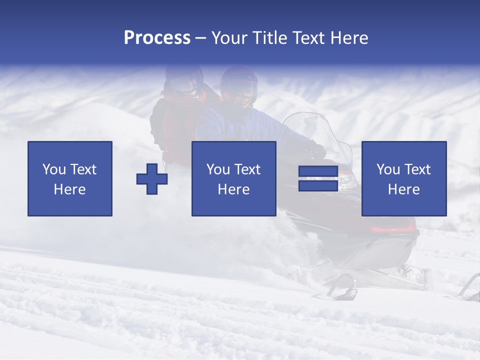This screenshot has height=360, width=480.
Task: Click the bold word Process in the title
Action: pyautogui.click(x=157, y=38)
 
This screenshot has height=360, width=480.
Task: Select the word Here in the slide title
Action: pyautogui.click(x=350, y=38)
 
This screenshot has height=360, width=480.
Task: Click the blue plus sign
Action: pyautogui.click(x=152, y=179)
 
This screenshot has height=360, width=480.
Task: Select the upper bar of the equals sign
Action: pyautogui.click(x=318, y=171)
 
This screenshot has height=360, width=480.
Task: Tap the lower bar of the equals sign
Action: pyautogui.click(x=318, y=186)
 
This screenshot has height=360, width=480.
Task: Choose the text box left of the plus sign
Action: pyautogui.click(x=70, y=178)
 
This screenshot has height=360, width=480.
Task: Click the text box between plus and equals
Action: pyautogui.click(x=233, y=178)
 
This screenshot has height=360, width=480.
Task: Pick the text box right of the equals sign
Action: pyautogui.click(x=403, y=178)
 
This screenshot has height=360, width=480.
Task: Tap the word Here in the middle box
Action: pyautogui.click(x=233, y=189)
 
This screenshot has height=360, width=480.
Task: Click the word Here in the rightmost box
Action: pyautogui.click(x=403, y=189)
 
